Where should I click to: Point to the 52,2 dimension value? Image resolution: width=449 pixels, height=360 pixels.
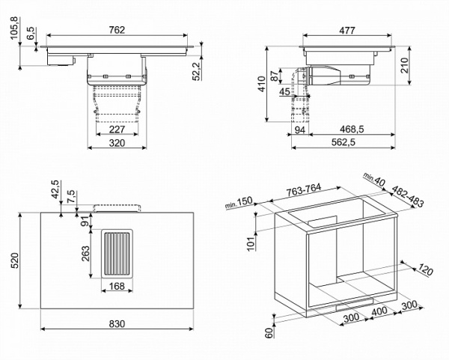tap(197, 70)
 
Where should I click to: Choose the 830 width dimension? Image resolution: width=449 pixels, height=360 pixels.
tap(117, 323)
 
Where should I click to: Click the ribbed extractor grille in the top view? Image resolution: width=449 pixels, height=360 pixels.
tap(117, 255)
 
